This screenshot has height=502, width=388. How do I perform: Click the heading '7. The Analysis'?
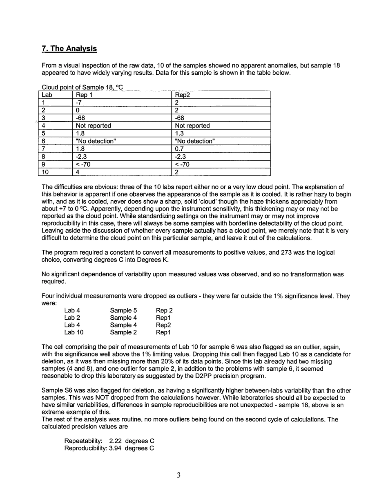[x=69, y=49]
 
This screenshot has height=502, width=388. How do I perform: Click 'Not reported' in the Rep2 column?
[x=192, y=126]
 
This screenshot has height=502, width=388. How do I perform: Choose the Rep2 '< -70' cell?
[x=182, y=165]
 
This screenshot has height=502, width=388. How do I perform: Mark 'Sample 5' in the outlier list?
[x=123, y=311]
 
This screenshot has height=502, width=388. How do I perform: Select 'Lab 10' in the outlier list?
[x=74, y=332]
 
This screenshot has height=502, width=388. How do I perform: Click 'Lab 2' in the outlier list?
[x=72, y=318]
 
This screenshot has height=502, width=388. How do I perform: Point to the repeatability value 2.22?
[x=116, y=441]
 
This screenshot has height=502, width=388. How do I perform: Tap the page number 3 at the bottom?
[x=179, y=475]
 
